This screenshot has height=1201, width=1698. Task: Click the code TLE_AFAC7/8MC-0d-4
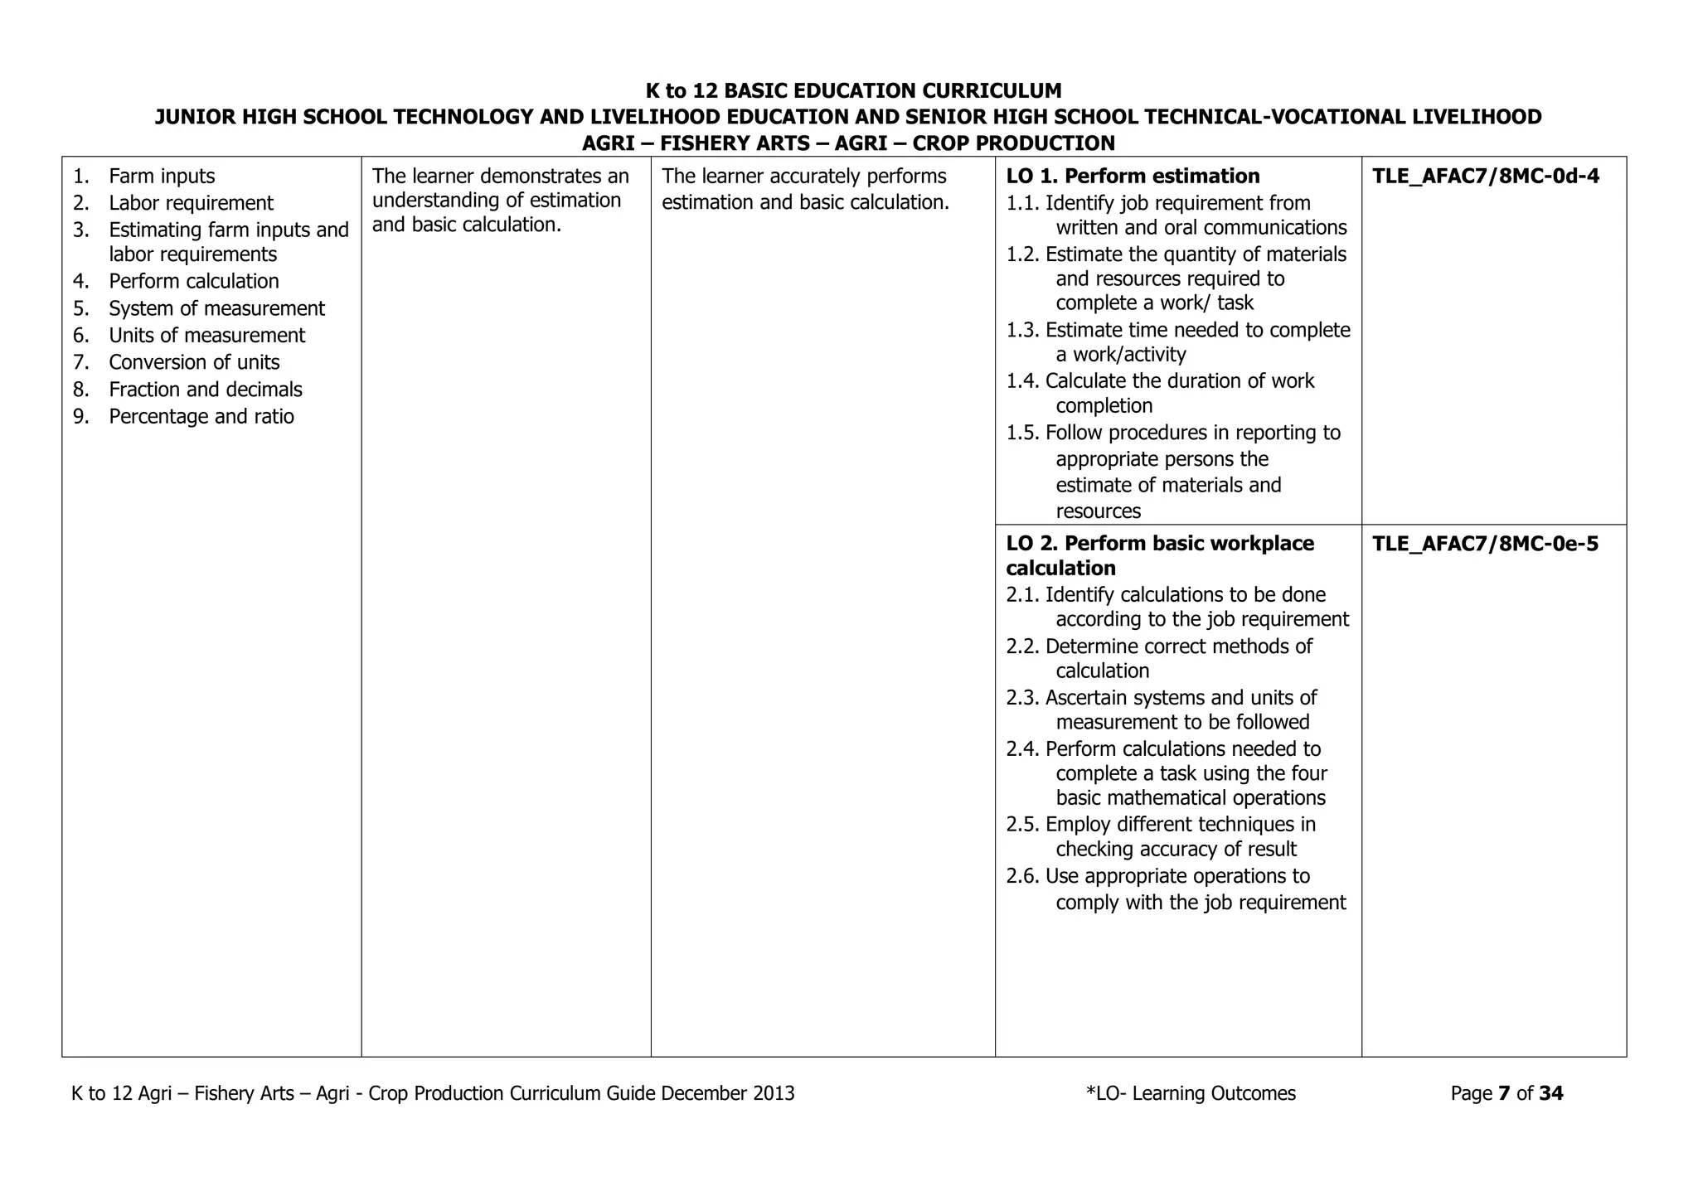coord(1486,176)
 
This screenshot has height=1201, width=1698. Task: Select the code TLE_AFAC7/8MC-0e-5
coord(1485,544)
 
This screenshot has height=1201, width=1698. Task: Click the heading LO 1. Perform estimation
coord(1133,176)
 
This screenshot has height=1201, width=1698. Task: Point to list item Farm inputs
coord(162,176)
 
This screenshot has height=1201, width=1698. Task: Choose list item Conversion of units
coord(194,362)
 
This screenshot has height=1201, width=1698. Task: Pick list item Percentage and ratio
coord(201,416)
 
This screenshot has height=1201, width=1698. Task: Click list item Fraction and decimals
coord(206,390)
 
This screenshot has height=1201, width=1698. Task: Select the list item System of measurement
coord(216,308)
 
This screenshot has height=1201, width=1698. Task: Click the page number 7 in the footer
coord(1504,1093)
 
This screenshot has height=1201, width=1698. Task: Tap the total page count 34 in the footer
coord(1550,1093)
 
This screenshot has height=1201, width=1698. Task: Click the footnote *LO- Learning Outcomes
coord(1191,1093)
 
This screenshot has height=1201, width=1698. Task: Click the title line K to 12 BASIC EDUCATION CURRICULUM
coord(853,90)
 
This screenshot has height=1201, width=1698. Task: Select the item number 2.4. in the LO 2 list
coord(1023,749)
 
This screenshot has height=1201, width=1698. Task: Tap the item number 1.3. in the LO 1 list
coord(1023,330)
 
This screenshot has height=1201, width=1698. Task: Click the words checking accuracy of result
coord(1176,850)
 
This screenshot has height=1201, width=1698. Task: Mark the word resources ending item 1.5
coord(1098,511)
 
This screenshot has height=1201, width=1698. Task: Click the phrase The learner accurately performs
coord(803,176)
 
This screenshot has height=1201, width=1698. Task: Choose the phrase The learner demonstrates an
coord(500,176)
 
